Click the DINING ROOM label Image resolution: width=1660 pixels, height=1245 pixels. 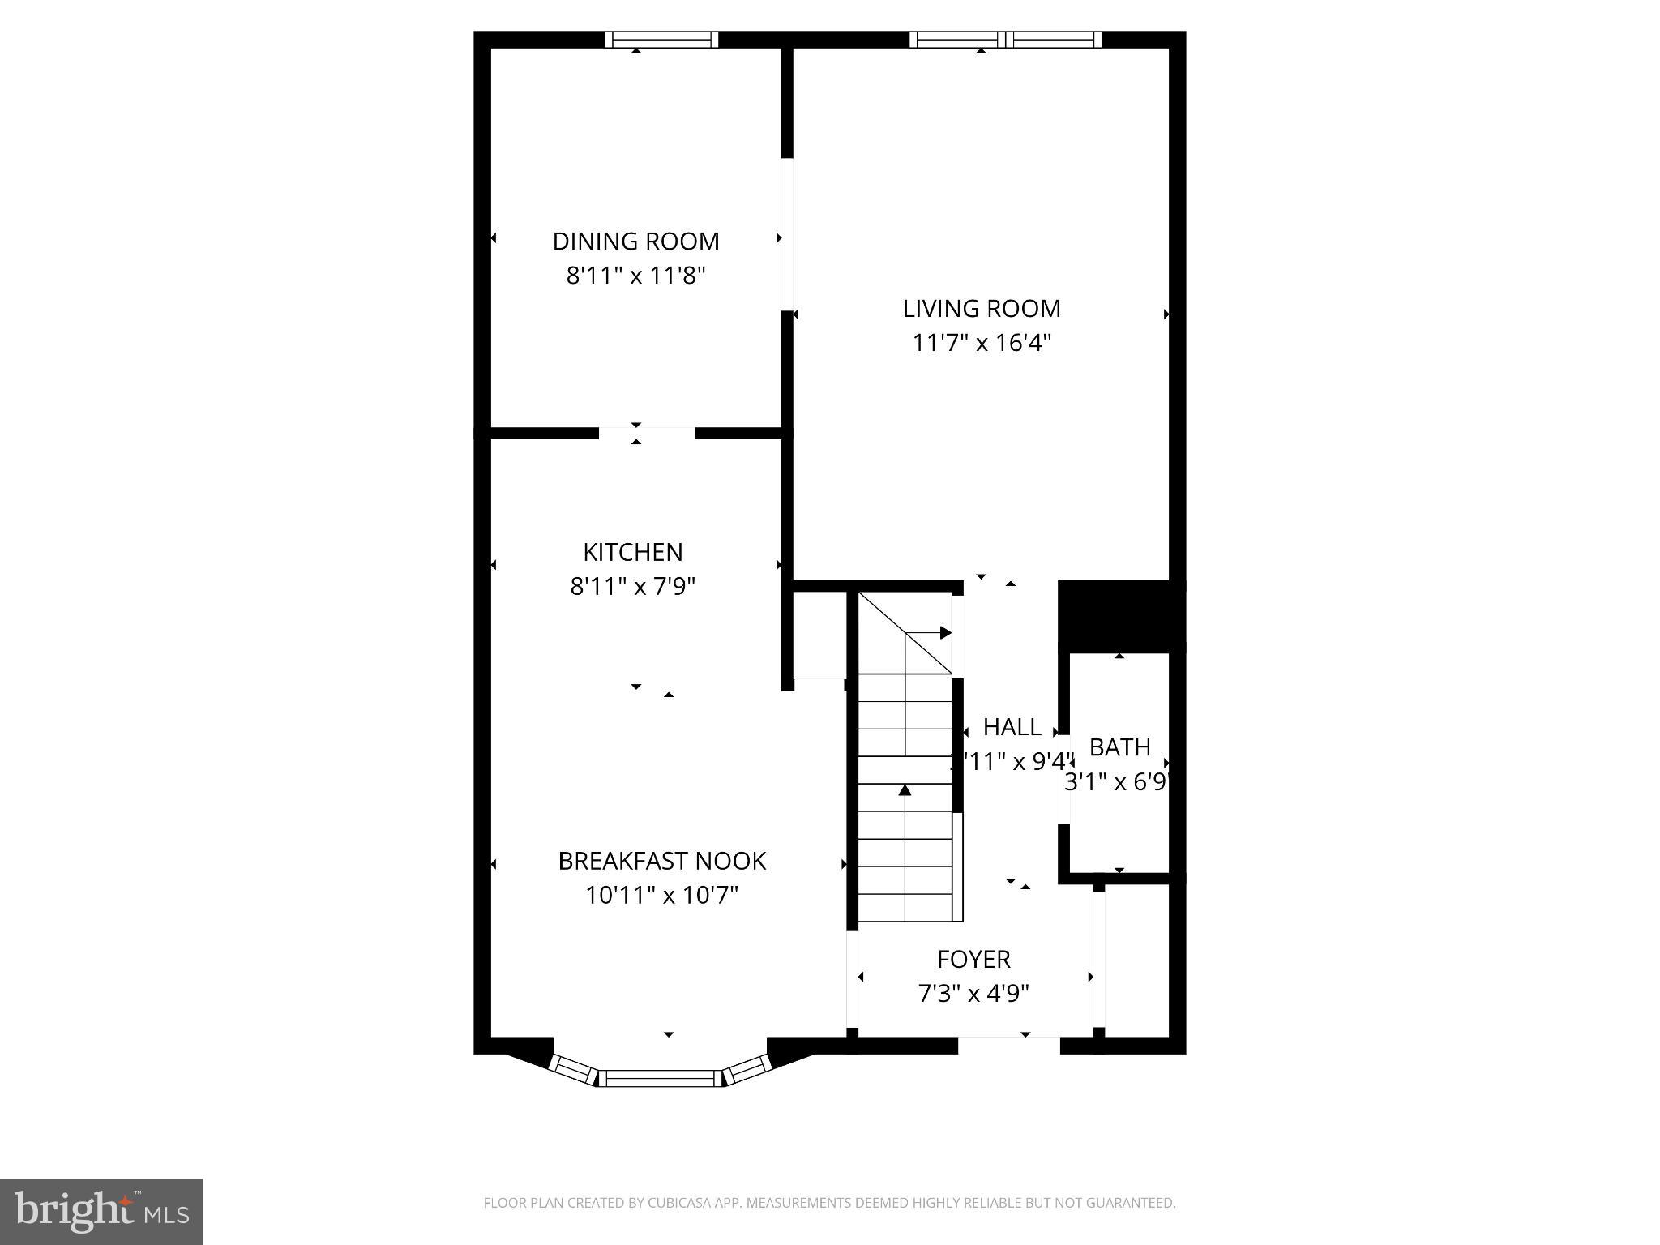[x=635, y=242]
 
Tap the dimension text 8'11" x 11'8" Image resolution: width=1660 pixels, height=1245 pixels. [x=635, y=276]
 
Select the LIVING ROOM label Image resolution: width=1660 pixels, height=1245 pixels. [x=981, y=309]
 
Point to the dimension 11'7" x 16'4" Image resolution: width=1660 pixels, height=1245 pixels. [x=981, y=344]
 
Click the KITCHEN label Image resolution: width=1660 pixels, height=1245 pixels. [x=633, y=552]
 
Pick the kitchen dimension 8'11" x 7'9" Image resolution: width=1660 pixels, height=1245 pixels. [x=633, y=587]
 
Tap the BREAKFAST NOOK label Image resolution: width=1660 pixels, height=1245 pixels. [x=661, y=861]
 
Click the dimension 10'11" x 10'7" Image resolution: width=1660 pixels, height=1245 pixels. [x=661, y=896]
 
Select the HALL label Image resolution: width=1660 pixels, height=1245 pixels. [x=1012, y=727]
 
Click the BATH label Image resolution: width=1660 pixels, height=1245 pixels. [x=1119, y=747]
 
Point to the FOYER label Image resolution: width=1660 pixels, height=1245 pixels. [x=973, y=960]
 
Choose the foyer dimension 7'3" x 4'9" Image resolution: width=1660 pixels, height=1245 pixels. [x=973, y=994]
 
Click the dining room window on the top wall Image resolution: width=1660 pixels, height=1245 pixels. [x=661, y=40]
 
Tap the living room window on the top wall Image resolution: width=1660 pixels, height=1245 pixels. [x=1005, y=40]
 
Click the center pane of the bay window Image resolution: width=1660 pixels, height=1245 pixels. [x=661, y=1078]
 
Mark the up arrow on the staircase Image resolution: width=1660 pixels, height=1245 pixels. [x=905, y=790]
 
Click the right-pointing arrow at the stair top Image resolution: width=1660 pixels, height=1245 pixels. [x=945, y=632]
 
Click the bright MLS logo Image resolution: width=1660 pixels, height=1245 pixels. [x=101, y=1212]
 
